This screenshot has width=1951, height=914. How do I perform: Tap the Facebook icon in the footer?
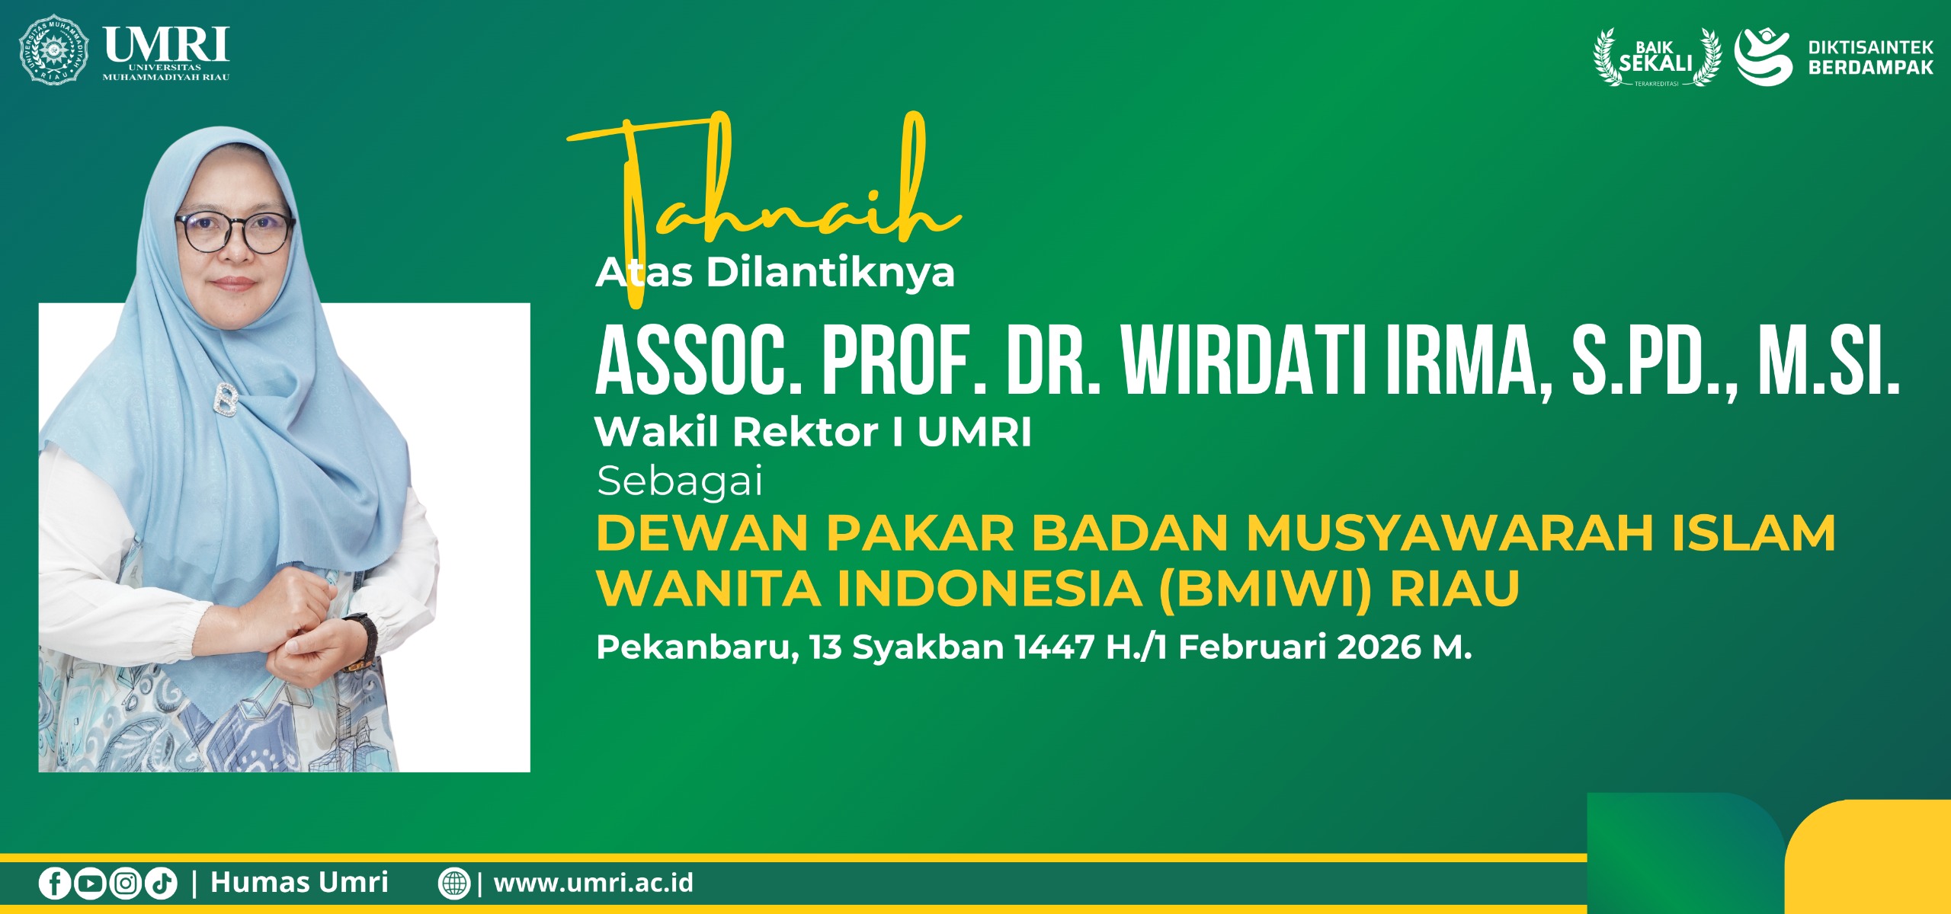(x=55, y=884)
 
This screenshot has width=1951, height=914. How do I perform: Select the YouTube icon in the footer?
(x=90, y=884)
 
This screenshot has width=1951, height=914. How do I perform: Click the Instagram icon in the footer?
(x=126, y=884)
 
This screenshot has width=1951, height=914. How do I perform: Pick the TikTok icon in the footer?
(x=161, y=884)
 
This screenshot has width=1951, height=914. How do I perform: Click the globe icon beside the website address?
(x=454, y=884)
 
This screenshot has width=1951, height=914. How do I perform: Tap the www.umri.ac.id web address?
(x=594, y=883)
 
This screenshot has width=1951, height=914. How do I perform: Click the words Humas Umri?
(x=300, y=882)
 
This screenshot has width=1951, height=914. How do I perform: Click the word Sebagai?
(x=679, y=482)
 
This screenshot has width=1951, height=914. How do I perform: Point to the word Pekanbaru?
(x=697, y=648)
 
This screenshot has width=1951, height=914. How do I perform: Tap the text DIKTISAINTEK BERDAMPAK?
(x=1871, y=57)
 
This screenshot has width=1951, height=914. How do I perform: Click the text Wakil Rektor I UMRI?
(x=813, y=433)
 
